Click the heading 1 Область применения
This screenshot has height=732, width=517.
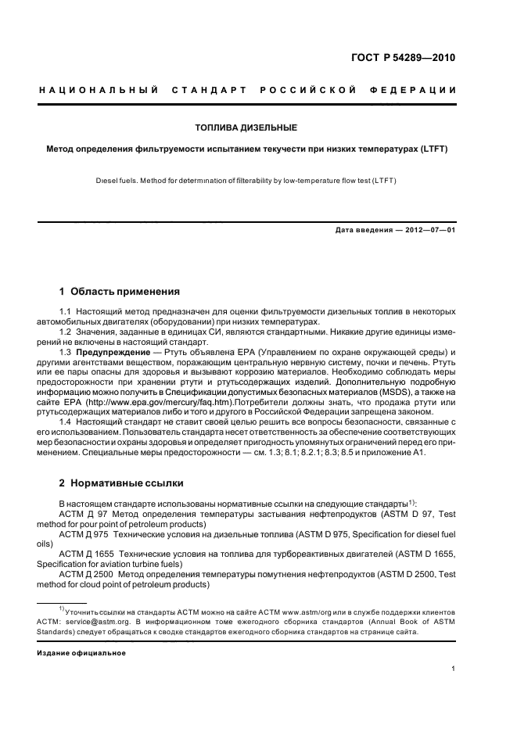(x=120, y=292)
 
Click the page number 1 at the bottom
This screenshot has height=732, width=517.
(x=454, y=669)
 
